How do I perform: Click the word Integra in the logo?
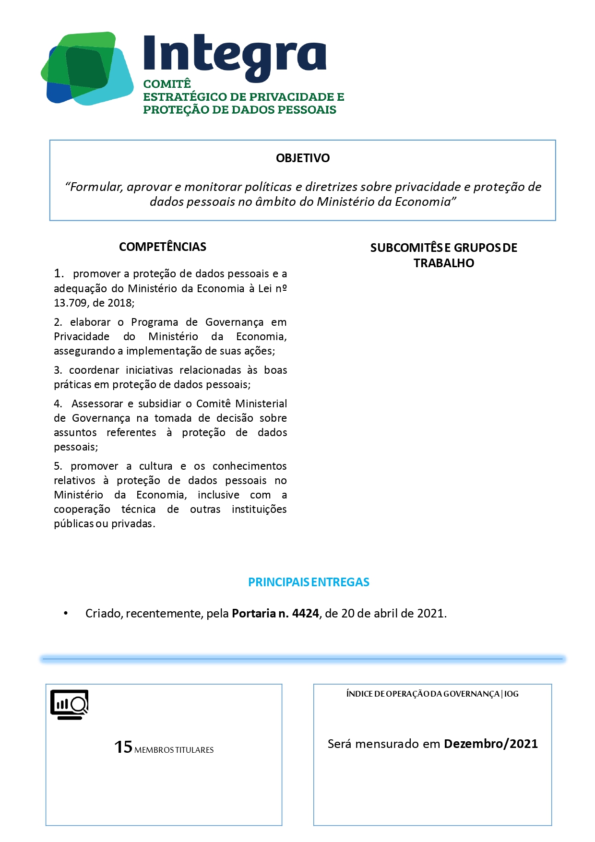click(x=235, y=56)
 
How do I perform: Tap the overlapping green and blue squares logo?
click(x=87, y=68)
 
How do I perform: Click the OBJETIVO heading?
click(x=303, y=158)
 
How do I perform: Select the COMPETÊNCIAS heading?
click(x=163, y=247)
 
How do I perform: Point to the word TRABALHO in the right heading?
click(x=444, y=263)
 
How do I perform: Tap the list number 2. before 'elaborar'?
click(x=58, y=322)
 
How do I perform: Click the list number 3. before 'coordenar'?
click(x=58, y=370)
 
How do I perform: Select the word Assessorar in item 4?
click(x=97, y=404)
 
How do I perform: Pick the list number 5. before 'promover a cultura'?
click(x=58, y=466)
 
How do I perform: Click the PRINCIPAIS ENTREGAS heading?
click(x=309, y=582)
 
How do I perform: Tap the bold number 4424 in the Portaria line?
click(x=306, y=614)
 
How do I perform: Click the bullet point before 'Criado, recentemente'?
click(x=66, y=614)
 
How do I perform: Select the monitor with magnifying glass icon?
click(x=70, y=704)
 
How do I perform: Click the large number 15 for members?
click(x=123, y=747)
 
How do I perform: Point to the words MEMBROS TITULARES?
click(x=174, y=750)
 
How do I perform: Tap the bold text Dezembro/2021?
click(x=491, y=744)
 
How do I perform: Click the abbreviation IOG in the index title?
click(x=511, y=694)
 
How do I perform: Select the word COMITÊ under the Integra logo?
click(x=167, y=84)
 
